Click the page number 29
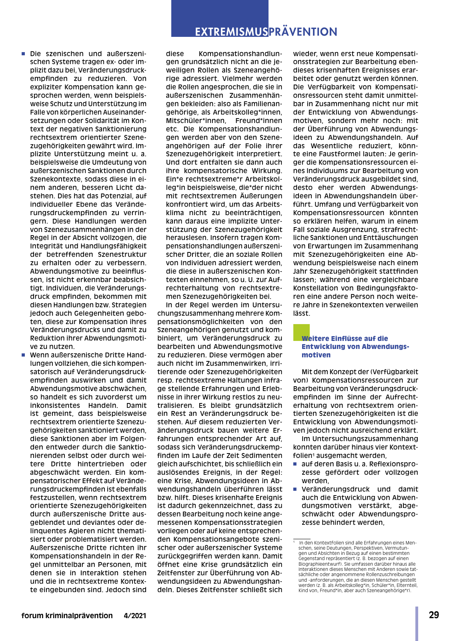[434, 615]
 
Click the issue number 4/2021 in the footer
[135, 616]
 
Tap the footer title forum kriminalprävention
[67, 616]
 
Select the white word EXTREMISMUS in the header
[231, 32]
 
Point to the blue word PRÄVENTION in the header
[303, 32]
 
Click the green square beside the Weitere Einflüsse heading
[301, 332]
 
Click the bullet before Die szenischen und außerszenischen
[23, 54]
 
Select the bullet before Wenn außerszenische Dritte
[23, 355]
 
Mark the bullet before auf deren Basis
[295, 464]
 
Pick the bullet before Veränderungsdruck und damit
[295, 489]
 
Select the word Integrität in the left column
[47, 246]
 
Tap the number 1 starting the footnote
[294, 542]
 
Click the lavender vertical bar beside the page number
[417, 623]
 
